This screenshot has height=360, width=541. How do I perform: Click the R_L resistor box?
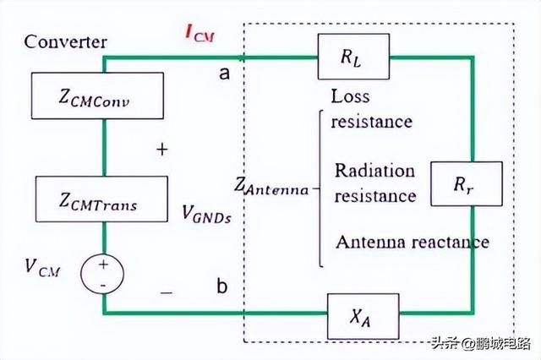coord(352,57)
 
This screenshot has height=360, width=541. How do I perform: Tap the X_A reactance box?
coord(363,314)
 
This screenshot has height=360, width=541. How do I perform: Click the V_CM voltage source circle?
coord(103,274)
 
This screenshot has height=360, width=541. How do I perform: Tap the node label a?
coord(224,74)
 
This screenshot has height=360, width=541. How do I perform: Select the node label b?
coord(221,286)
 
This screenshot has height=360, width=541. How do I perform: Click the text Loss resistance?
coord(371,109)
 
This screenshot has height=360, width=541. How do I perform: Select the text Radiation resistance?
coord(375,183)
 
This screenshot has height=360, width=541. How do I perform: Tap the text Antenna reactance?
coord(412,243)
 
